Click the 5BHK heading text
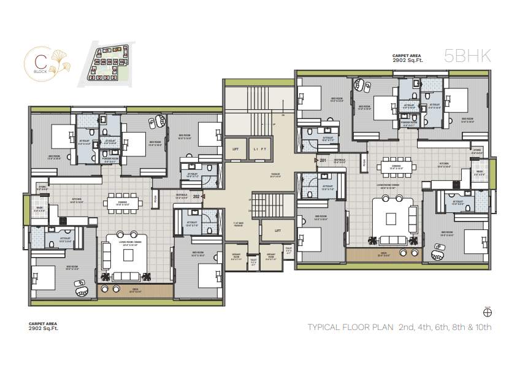pyautogui.click(x=467, y=56)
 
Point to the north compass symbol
pyautogui.click(x=488, y=311)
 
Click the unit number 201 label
pyautogui.click(x=323, y=161)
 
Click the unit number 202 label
pyautogui.click(x=196, y=197)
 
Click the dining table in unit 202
pyautogui.click(x=123, y=202)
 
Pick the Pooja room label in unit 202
pyautogui.click(x=156, y=199)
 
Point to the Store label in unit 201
pyautogui.click(x=477, y=149)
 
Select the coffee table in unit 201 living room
pyautogui.click(x=392, y=218)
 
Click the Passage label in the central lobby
pyautogui.click(x=275, y=175)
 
